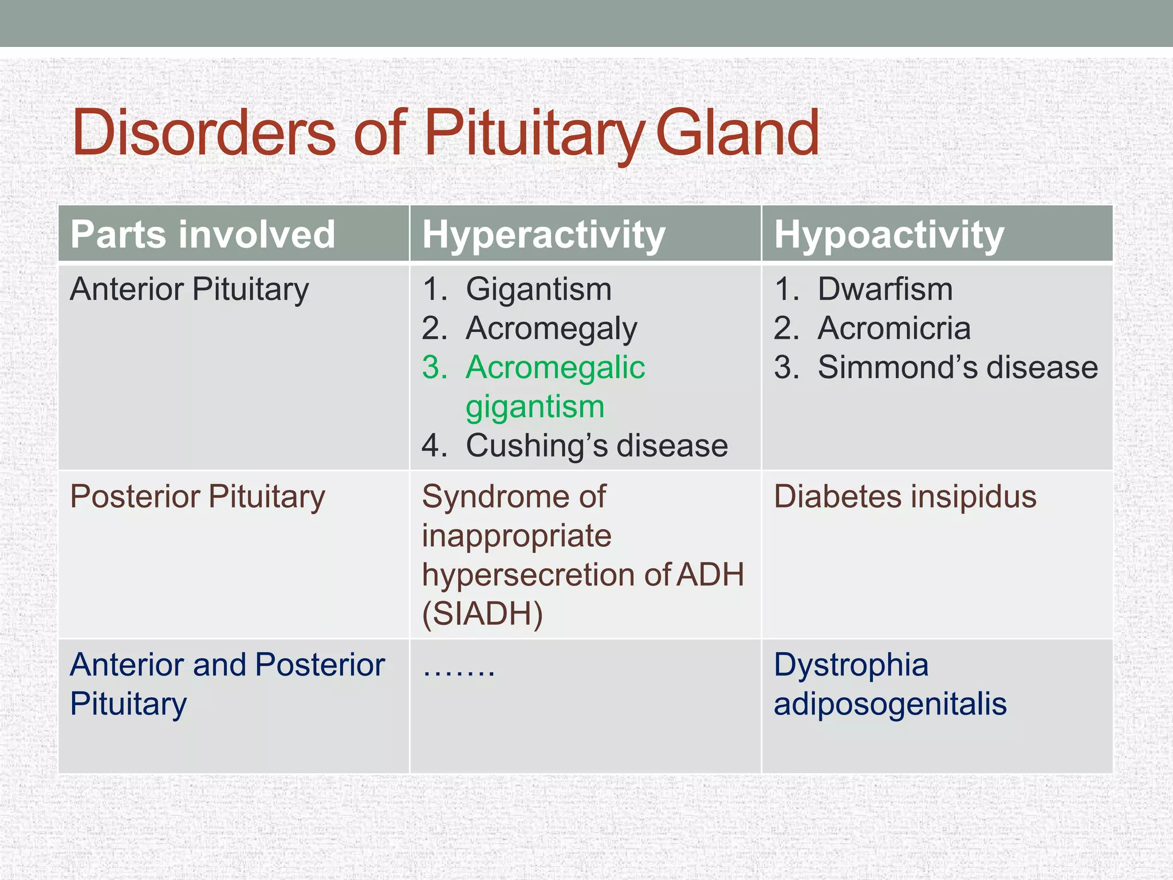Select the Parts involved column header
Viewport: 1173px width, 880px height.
[x=203, y=234]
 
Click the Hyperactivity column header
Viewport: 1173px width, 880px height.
[x=544, y=234]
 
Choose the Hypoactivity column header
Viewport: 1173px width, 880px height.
[x=889, y=234]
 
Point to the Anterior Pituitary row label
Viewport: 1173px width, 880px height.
[x=189, y=289]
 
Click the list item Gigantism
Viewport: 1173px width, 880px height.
[x=538, y=289]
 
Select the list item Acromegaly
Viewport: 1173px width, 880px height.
[x=551, y=328]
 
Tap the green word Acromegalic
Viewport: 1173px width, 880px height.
[x=555, y=367]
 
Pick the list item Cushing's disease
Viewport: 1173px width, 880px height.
[x=596, y=446]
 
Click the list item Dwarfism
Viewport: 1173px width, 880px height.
[x=885, y=289]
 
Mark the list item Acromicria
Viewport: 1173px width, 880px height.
[x=893, y=328]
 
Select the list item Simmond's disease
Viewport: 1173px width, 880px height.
[x=957, y=367]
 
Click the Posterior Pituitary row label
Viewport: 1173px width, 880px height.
[x=197, y=496]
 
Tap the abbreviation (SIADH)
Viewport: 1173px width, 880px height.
[x=482, y=614]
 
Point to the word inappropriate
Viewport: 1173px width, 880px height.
[x=517, y=536]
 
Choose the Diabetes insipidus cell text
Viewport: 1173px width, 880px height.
[x=904, y=496]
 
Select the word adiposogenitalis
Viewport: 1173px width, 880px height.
[x=889, y=704]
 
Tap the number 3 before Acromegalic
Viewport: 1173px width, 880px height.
[x=434, y=367]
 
